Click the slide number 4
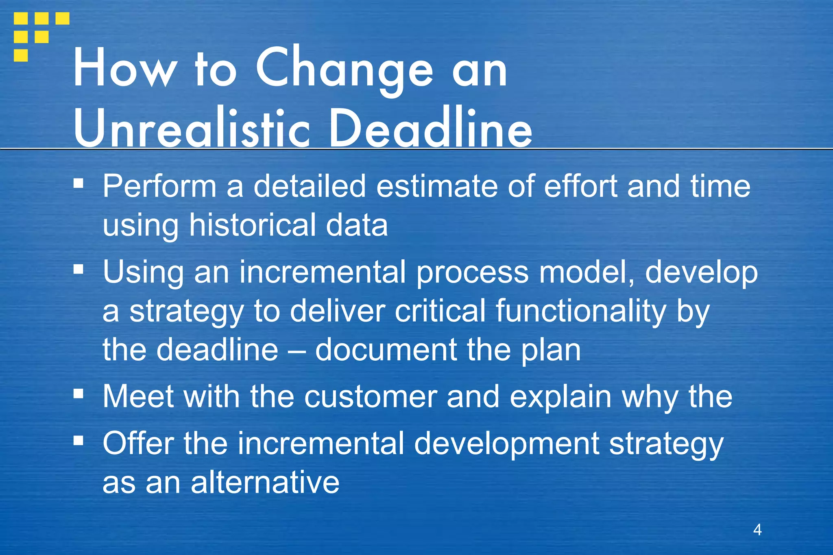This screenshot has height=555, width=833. click(757, 529)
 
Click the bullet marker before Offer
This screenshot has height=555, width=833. click(79, 440)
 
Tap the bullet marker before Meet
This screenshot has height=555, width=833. click(79, 394)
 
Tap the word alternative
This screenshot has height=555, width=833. click(265, 483)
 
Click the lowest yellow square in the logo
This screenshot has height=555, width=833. click(21, 55)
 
